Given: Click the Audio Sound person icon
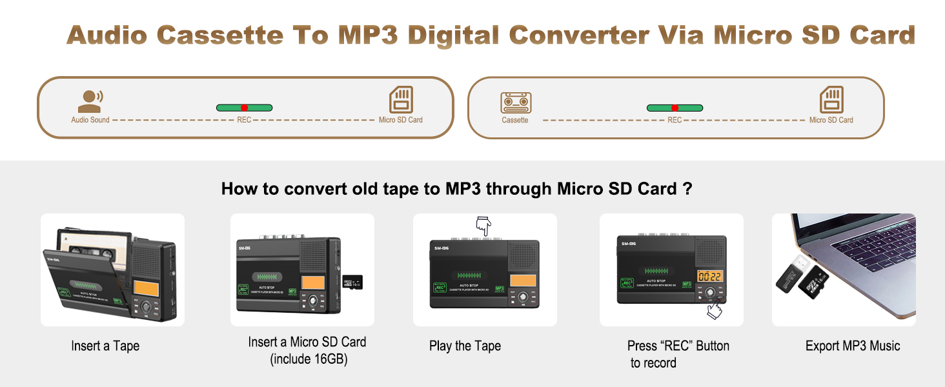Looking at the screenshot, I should [90, 101].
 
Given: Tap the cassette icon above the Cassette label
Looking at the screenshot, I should [516, 103].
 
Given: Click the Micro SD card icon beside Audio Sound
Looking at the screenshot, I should [401, 100].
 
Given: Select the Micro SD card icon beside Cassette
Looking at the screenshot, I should [831, 100].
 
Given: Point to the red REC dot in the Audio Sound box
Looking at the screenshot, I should [244, 108].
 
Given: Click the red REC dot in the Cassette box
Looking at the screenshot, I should [675, 108].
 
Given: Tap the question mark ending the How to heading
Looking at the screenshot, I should [689, 189].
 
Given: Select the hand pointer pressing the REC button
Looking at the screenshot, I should [714, 310].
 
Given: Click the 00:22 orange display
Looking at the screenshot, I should [710, 276].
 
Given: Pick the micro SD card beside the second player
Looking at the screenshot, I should [352, 282].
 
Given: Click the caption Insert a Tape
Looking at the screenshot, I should [105, 346].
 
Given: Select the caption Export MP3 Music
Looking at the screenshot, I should [852, 346].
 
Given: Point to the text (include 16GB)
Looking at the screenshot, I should [309, 359].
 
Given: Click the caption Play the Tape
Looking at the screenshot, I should [465, 346].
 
